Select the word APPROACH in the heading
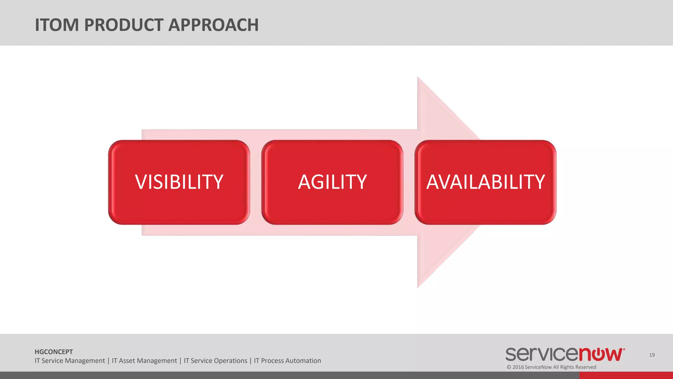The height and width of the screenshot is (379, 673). [x=214, y=25]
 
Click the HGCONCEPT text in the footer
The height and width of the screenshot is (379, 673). [x=54, y=352]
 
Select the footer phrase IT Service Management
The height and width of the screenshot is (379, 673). [x=70, y=361]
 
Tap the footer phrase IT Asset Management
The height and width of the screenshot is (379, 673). [x=144, y=361]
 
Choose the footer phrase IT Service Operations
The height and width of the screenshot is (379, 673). [x=215, y=361]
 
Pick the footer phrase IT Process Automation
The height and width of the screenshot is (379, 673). [x=287, y=361]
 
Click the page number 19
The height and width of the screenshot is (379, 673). [x=652, y=355]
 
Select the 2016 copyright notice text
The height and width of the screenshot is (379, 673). [x=551, y=367]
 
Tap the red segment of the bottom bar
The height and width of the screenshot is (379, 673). [x=626, y=375]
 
